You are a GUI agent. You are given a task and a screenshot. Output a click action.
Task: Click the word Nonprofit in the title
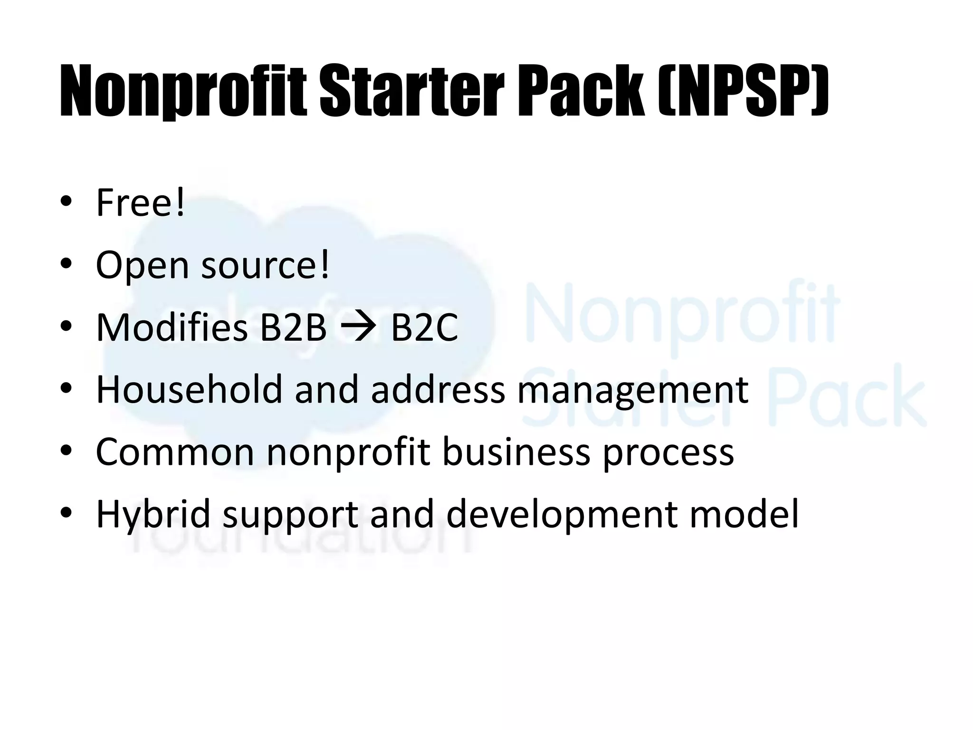[x=183, y=91]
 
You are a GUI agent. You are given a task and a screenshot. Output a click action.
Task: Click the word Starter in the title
[x=411, y=91]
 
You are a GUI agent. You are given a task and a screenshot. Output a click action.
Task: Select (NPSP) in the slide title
[x=744, y=91]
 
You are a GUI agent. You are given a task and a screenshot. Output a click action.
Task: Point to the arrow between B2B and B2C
[x=359, y=327]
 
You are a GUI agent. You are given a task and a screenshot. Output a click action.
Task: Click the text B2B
[x=293, y=327]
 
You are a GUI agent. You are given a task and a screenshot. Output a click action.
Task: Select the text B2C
[x=424, y=327]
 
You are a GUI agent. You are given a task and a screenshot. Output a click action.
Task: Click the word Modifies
[x=172, y=327]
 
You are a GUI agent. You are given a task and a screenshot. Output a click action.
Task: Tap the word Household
[x=189, y=390]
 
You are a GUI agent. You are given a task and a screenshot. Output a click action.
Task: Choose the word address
[x=438, y=390]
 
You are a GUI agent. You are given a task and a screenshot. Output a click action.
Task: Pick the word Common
[x=175, y=452]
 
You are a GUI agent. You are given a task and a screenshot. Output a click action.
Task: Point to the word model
[x=744, y=514]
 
